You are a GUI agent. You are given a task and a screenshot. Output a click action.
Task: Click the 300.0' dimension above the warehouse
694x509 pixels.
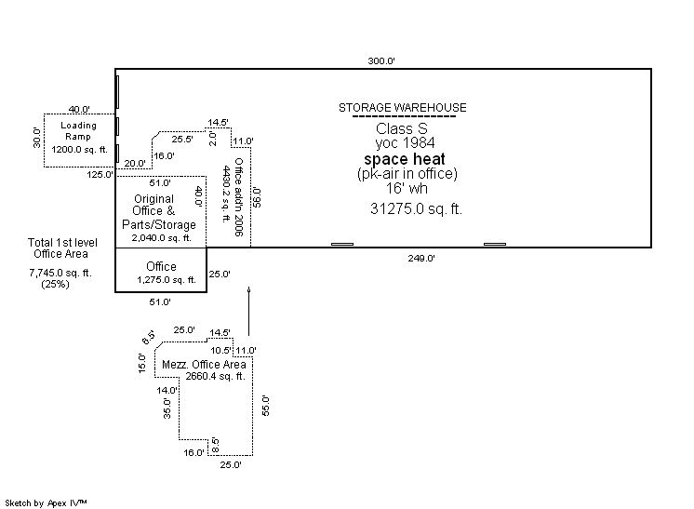381,61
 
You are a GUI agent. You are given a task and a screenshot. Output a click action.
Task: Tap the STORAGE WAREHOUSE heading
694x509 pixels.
402,108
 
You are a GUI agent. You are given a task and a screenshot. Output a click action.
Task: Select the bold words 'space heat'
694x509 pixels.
405,159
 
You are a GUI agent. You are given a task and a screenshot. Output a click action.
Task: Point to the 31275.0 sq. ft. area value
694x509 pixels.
416,208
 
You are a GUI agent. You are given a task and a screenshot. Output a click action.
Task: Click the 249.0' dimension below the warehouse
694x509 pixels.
421,258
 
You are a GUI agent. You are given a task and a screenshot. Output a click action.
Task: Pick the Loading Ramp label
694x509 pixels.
78,131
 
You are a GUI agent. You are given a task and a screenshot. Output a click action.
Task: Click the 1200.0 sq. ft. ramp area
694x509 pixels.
79,150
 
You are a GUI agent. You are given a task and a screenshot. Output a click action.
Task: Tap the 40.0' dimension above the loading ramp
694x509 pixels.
79,109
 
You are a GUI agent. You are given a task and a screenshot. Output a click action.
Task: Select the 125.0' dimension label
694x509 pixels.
100,174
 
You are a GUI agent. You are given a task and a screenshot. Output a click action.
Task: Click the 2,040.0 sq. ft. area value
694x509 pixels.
162,237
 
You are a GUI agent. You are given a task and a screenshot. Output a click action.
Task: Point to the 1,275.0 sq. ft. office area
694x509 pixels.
167,280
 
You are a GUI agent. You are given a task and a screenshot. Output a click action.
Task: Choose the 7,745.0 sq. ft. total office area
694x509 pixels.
60,273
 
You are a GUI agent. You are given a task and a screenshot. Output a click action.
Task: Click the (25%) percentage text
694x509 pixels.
55,284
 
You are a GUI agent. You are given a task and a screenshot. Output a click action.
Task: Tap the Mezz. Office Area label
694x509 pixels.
204,365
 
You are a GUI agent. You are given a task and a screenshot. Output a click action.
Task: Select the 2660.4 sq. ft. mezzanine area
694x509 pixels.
215,376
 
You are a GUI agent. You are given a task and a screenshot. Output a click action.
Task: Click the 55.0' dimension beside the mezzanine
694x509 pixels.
265,406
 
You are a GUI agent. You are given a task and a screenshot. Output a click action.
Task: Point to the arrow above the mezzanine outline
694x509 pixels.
248,311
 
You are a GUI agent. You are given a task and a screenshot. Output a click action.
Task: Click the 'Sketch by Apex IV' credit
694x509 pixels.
46,503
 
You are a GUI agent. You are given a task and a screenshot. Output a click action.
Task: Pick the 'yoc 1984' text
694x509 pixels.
405,143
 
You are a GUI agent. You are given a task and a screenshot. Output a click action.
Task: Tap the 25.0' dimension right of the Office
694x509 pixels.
220,274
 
